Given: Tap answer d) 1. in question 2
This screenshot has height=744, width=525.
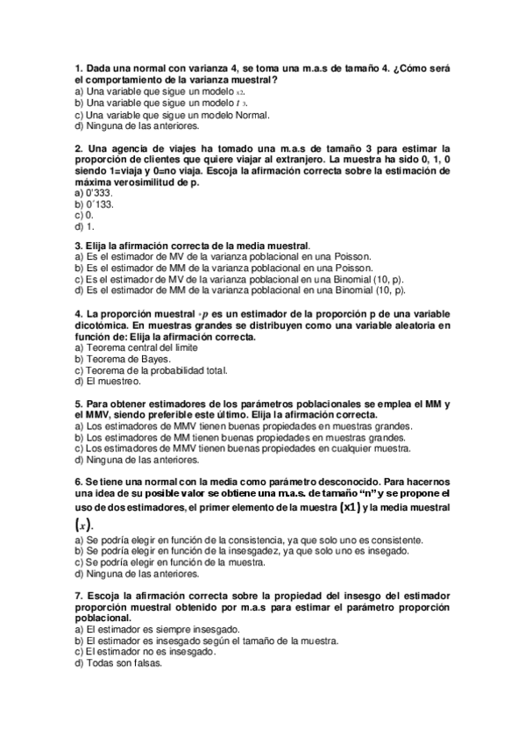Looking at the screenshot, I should (85, 225).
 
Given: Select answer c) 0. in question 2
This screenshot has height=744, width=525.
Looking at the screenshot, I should (85, 214).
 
